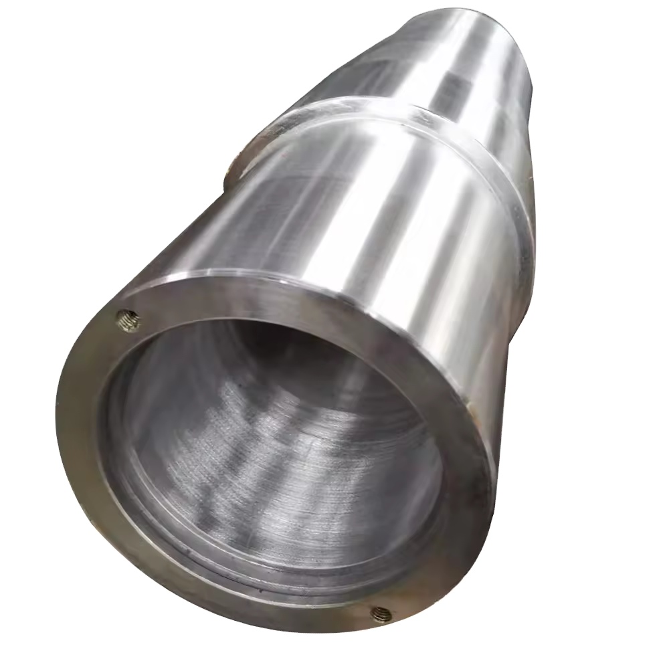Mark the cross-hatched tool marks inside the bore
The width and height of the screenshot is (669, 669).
tap(281, 428)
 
